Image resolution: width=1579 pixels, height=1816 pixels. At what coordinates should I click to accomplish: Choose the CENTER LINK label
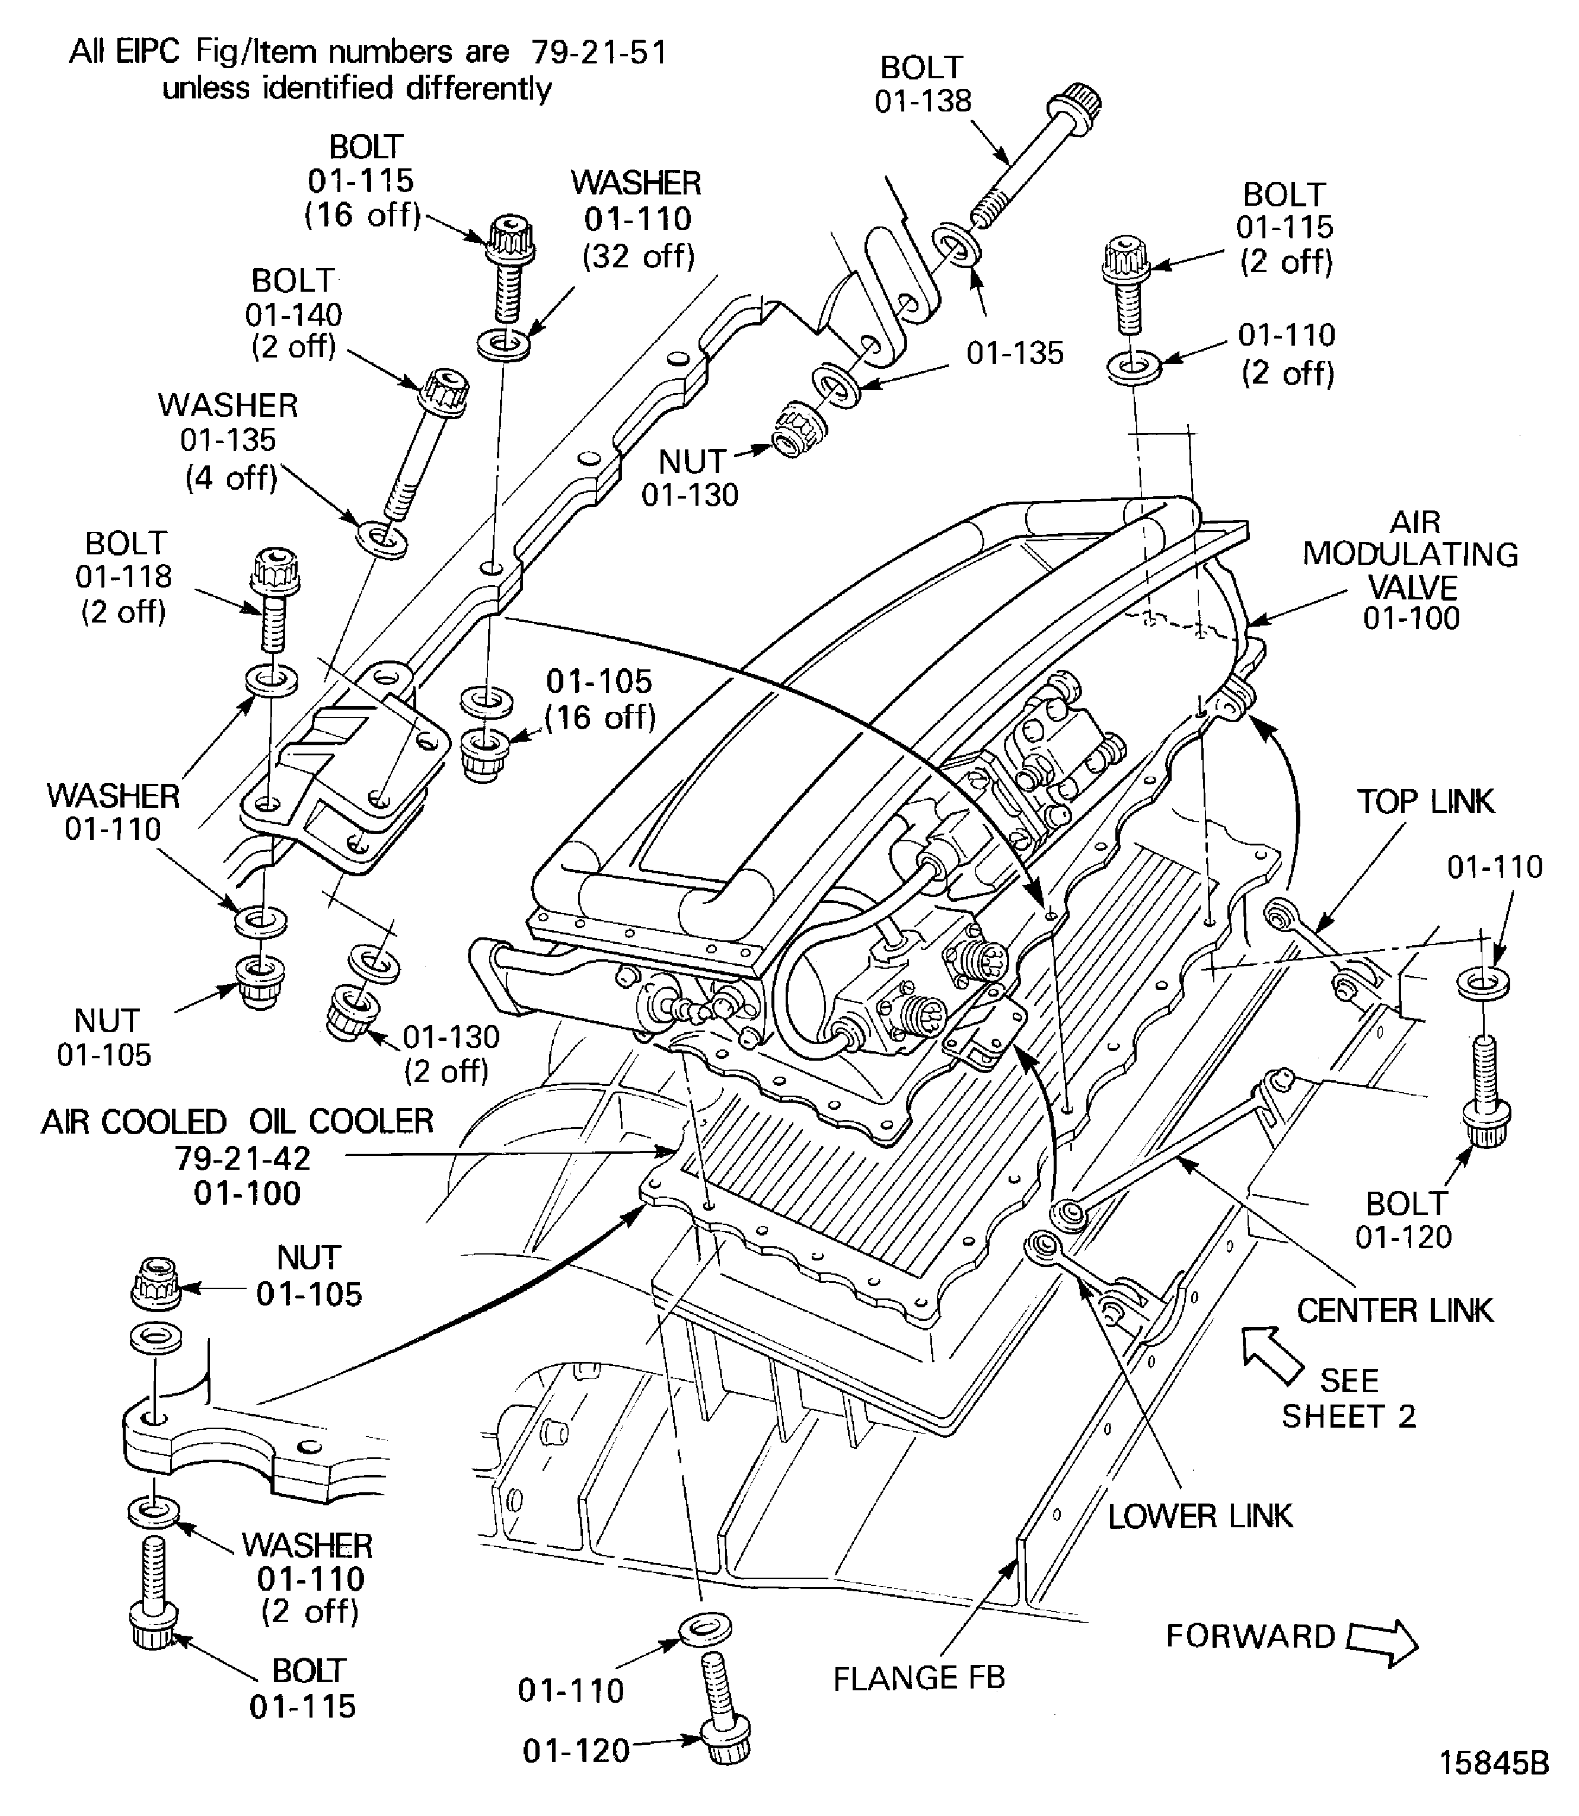(x=1395, y=1310)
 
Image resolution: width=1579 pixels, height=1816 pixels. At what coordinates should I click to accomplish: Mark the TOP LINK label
(x=1425, y=801)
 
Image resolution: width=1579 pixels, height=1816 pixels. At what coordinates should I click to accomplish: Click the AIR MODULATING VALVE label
(x=1411, y=570)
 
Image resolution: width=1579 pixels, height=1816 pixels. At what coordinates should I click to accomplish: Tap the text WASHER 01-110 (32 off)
(x=637, y=219)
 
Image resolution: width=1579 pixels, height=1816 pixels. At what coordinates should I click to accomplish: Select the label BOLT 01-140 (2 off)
(x=294, y=314)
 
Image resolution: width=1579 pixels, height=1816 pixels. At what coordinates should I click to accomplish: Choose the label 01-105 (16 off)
(x=599, y=699)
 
